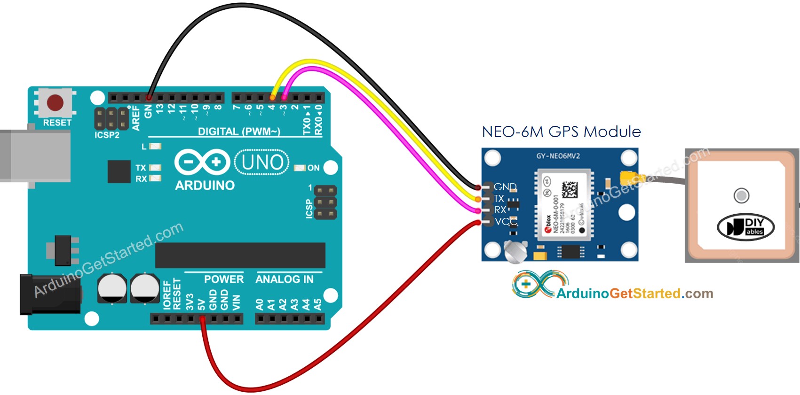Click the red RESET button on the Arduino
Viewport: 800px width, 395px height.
coord(55,102)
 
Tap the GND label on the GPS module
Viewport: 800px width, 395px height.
coord(505,187)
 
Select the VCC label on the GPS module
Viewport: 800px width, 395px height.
coord(506,221)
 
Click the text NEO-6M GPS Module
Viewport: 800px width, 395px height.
coord(561,132)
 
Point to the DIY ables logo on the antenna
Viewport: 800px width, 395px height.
coord(745,227)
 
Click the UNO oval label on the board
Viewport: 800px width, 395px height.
coord(262,163)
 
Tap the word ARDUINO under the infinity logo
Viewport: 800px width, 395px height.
coord(205,186)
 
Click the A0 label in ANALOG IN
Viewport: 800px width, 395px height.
coord(260,304)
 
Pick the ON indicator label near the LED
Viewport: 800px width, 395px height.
coord(313,168)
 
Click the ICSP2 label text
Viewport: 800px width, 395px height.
coord(107,135)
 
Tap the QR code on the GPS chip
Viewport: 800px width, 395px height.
coord(570,189)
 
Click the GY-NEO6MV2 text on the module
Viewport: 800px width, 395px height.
coord(558,156)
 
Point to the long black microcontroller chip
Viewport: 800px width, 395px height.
coord(240,255)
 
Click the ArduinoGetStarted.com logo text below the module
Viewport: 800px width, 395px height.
coord(634,294)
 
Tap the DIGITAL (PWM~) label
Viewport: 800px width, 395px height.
coord(239,132)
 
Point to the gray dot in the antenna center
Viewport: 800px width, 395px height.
coord(741,195)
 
